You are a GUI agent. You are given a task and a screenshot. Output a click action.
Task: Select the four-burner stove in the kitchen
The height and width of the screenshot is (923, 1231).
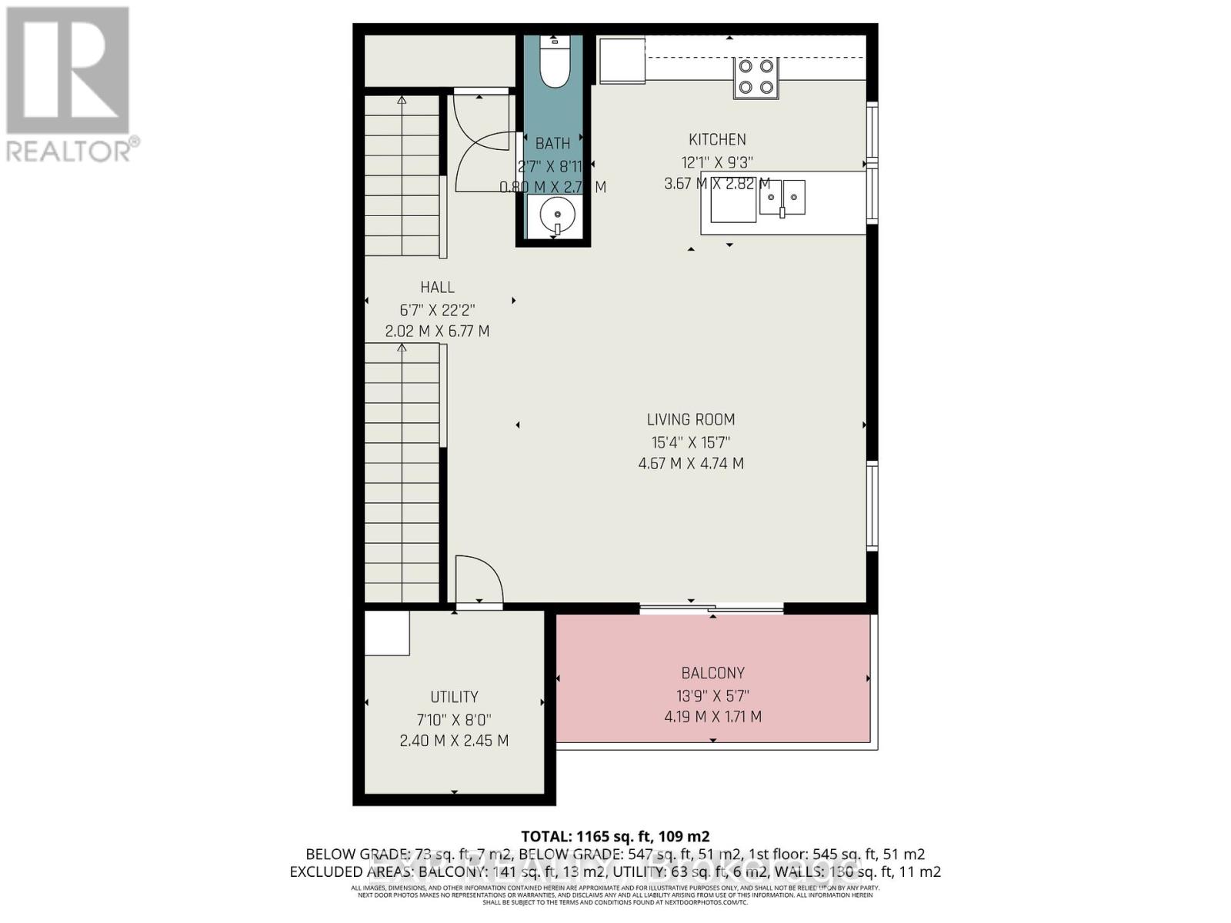[756, 78]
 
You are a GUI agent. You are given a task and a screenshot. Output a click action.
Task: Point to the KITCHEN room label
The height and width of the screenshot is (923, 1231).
[716, 139]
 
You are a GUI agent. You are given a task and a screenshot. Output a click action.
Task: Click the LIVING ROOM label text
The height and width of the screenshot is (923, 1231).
[690, 419]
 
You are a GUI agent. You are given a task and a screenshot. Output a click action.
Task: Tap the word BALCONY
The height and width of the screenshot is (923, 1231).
[712, 673]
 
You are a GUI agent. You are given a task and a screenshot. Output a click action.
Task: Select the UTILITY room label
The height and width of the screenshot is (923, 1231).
[454, 697]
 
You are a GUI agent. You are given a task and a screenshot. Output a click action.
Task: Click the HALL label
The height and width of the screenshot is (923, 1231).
[437, 287]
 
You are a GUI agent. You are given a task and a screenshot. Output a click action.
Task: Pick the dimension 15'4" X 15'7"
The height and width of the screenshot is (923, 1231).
[690, 442]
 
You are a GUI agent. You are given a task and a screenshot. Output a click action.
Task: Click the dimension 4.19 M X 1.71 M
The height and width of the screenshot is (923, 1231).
[712, 717]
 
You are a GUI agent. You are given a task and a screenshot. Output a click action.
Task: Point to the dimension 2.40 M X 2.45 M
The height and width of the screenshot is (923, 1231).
[454, 741]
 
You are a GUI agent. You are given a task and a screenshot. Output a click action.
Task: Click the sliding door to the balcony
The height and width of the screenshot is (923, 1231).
[712, 609]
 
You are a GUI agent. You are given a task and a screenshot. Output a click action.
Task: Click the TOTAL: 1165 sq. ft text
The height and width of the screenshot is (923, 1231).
[615, 836]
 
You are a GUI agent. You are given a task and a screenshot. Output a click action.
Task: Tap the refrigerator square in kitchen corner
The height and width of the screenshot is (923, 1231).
[622, 60]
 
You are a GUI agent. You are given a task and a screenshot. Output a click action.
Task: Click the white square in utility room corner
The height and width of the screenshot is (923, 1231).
[386, 633]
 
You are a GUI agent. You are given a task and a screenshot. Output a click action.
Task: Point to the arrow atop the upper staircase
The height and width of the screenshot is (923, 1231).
[402, 100]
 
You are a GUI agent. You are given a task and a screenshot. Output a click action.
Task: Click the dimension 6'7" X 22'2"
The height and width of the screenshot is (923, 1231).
[437, 310]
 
